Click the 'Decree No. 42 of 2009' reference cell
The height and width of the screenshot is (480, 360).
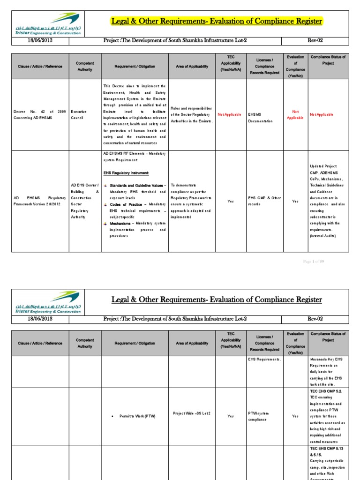tap(39, 115)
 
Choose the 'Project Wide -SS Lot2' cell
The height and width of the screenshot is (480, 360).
tap(191, 413)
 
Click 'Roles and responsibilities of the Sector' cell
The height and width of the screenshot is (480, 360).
tap(192, 115)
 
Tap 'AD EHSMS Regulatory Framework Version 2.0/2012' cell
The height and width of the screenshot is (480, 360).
tap(39, 201)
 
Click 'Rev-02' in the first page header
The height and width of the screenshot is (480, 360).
tap(315, 40)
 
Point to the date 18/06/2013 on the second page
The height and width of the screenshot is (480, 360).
tap(40, 319)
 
